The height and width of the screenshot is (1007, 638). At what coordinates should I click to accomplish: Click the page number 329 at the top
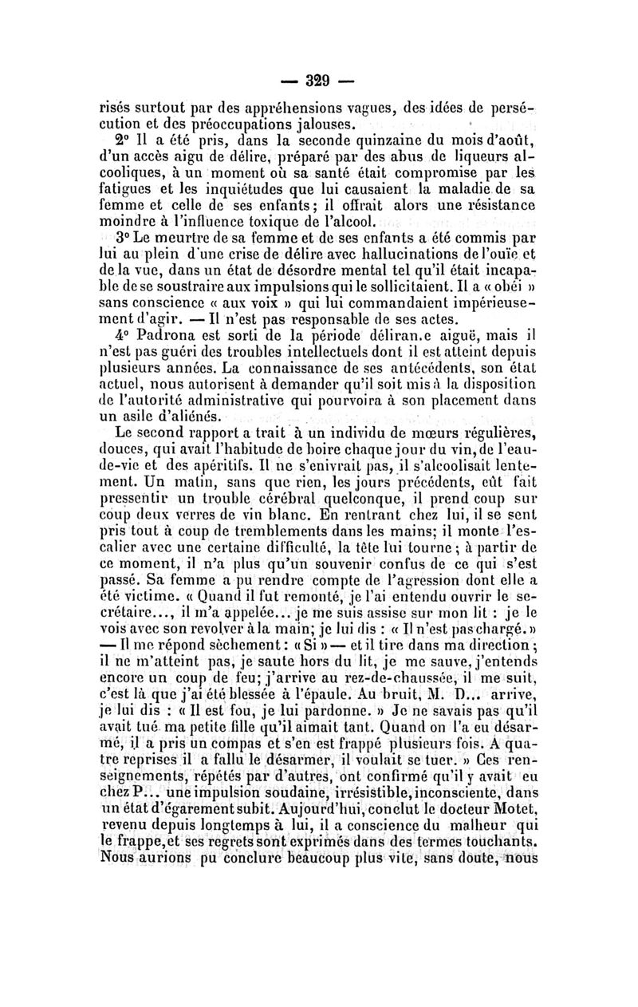318,80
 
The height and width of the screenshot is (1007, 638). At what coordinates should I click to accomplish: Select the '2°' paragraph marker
127,142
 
